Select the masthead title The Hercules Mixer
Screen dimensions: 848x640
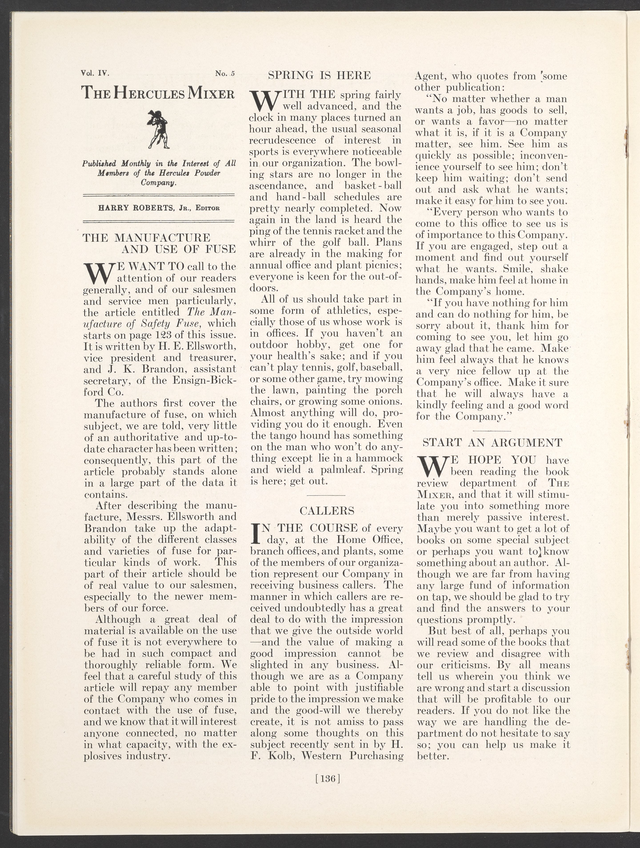click(x=158, y=93)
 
